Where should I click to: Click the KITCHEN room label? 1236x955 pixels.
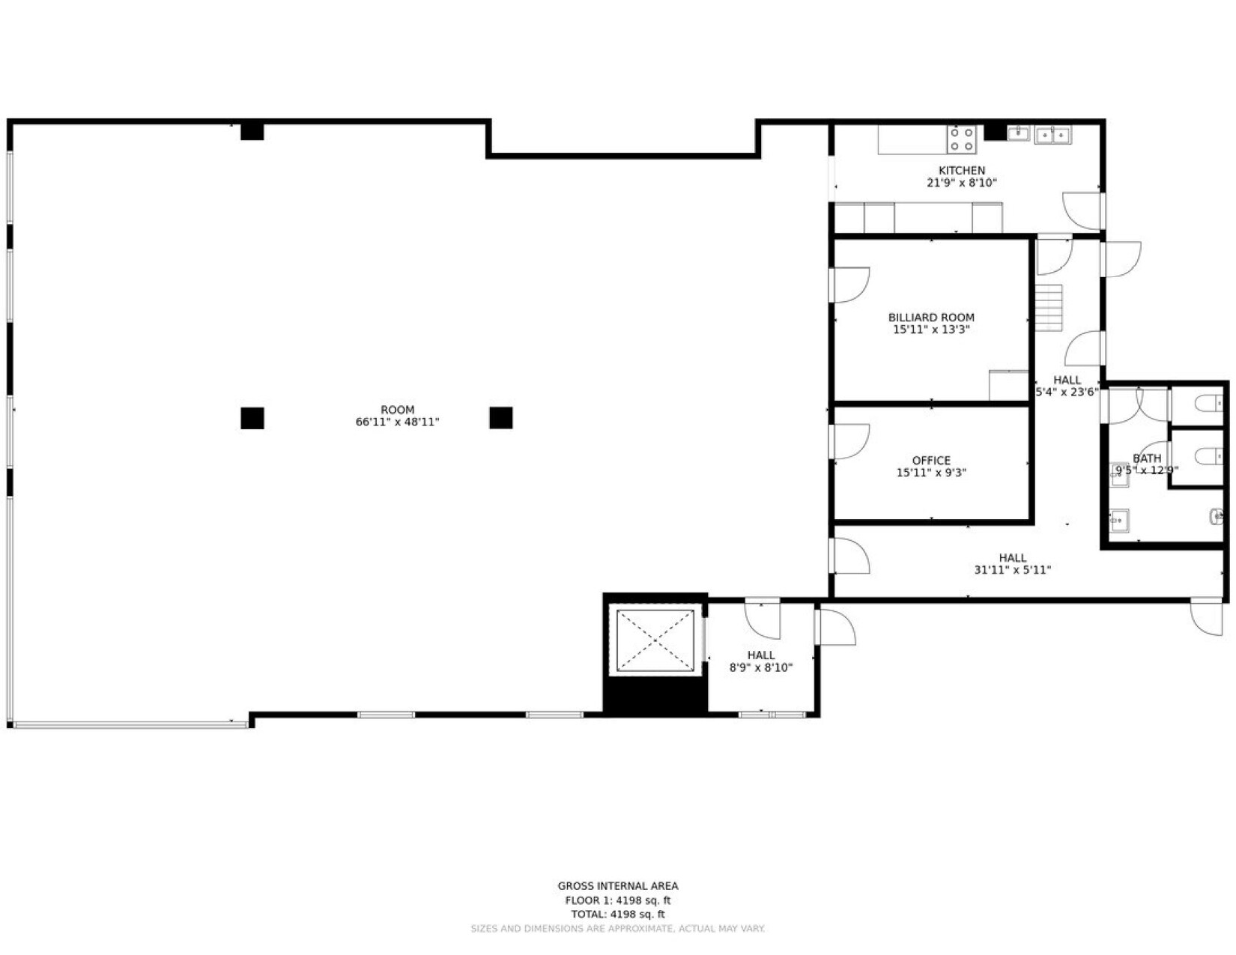[961, 171]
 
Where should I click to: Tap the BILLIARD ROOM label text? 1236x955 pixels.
[931, 318]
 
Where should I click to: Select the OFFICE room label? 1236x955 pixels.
[931, 461]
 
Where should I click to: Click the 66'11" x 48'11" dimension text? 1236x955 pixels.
[397, 422]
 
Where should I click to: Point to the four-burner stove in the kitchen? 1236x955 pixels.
[962, 139]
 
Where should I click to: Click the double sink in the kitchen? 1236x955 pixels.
[1052, 135]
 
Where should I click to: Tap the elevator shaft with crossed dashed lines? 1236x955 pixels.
[655, 641]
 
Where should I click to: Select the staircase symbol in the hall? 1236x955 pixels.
[1049, 307]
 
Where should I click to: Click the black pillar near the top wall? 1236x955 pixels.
[252, 131]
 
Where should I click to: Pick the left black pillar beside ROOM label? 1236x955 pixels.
[252, 418]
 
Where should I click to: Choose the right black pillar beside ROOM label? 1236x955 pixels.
[501, 418]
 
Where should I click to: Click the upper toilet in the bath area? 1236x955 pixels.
[1208, 405]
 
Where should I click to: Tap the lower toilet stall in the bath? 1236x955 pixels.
[1208, 457]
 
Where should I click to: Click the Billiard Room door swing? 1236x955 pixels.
[849, 285]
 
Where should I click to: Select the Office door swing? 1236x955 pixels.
[849, 441]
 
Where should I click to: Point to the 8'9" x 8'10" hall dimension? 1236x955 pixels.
[760, 668]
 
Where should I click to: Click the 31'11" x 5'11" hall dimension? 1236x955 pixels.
[1012, 570]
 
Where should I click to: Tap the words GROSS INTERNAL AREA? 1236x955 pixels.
[618, 886]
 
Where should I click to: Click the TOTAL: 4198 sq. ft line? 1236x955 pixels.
[618, 915]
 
